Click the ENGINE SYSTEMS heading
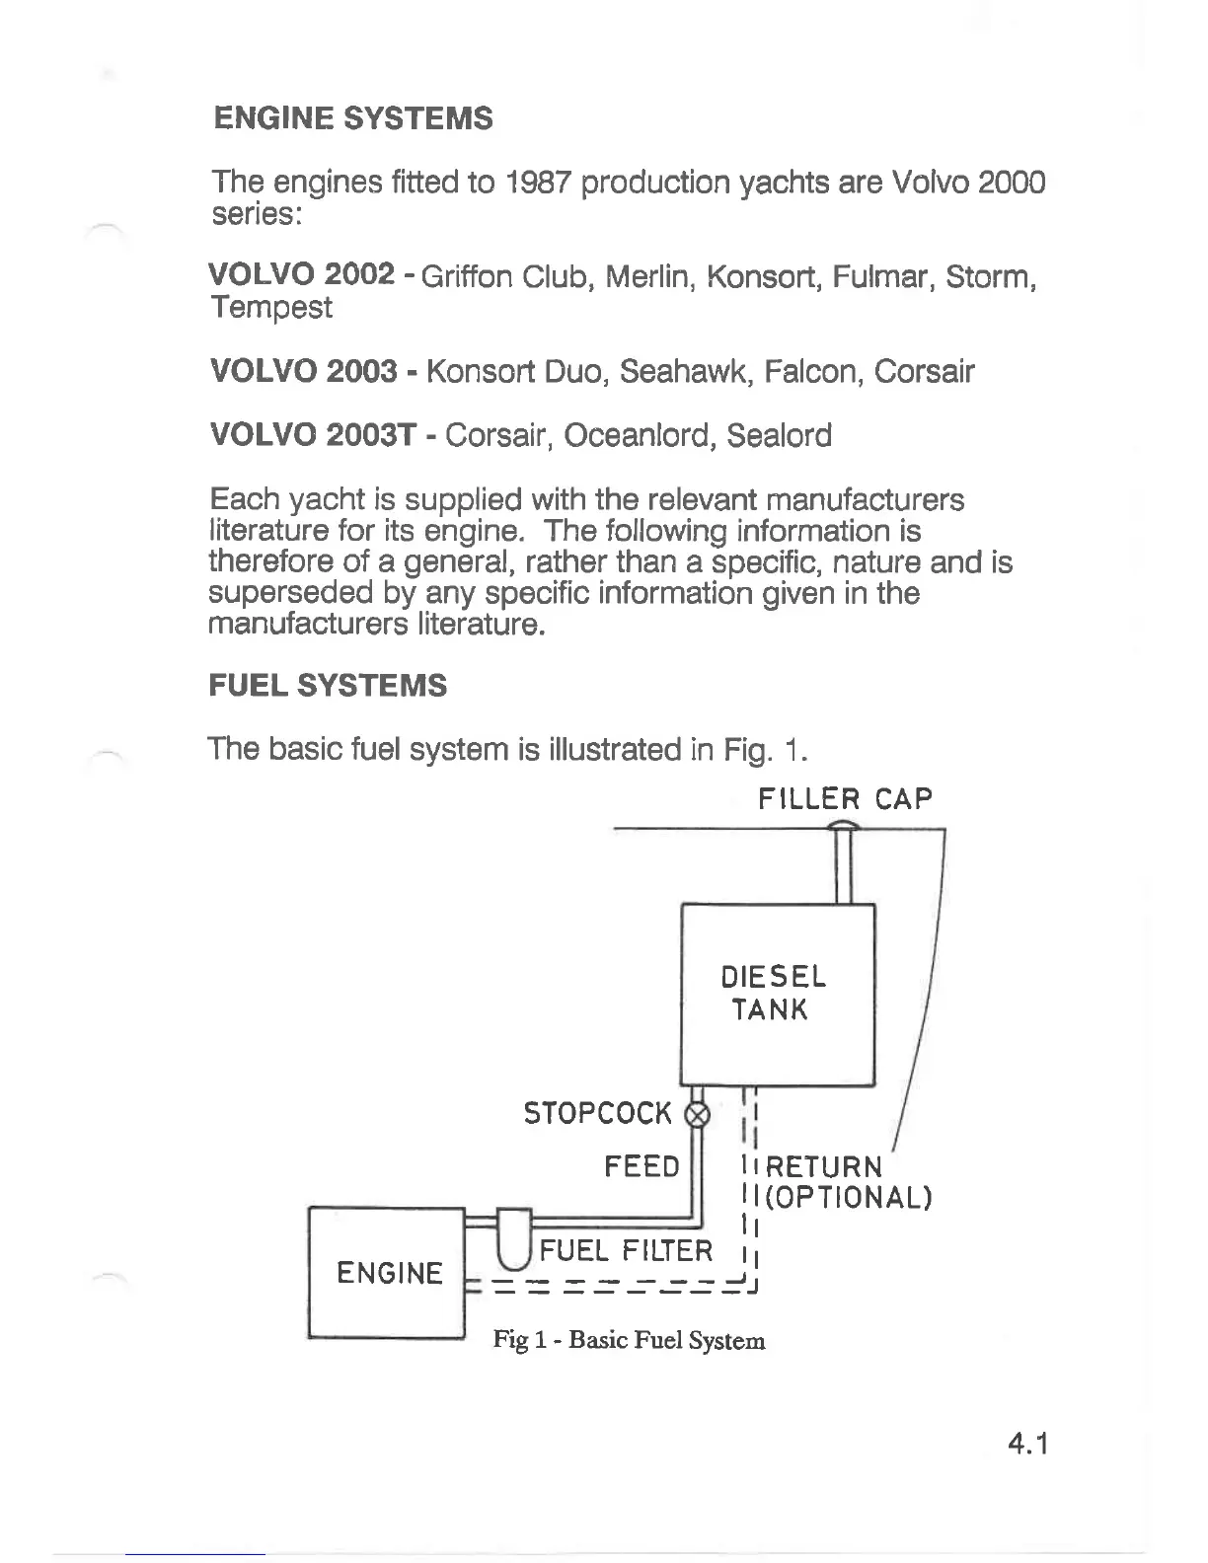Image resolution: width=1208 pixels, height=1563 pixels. click(352, 119)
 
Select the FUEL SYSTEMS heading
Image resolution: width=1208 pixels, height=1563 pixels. click(328, 686)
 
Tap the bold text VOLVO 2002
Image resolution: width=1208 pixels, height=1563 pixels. click(302, 275)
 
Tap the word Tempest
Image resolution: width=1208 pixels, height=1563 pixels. click(271, 308)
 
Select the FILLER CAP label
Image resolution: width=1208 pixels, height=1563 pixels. click(844, 798)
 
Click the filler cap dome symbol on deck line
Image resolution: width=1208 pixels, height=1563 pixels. click(845, 826)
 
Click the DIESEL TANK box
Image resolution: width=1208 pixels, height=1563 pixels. click(778, 994)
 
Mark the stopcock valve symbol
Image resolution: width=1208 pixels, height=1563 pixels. click(697, 1115)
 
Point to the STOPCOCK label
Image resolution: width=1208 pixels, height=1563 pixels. click(597, 1115)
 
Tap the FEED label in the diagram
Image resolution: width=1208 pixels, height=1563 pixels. click(642, 1167)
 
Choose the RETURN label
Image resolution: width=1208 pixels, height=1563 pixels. click(824, 1167)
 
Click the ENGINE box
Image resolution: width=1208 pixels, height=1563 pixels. click(389, 1273)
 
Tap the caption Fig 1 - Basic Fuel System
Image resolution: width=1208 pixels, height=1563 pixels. click(629, 1340)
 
